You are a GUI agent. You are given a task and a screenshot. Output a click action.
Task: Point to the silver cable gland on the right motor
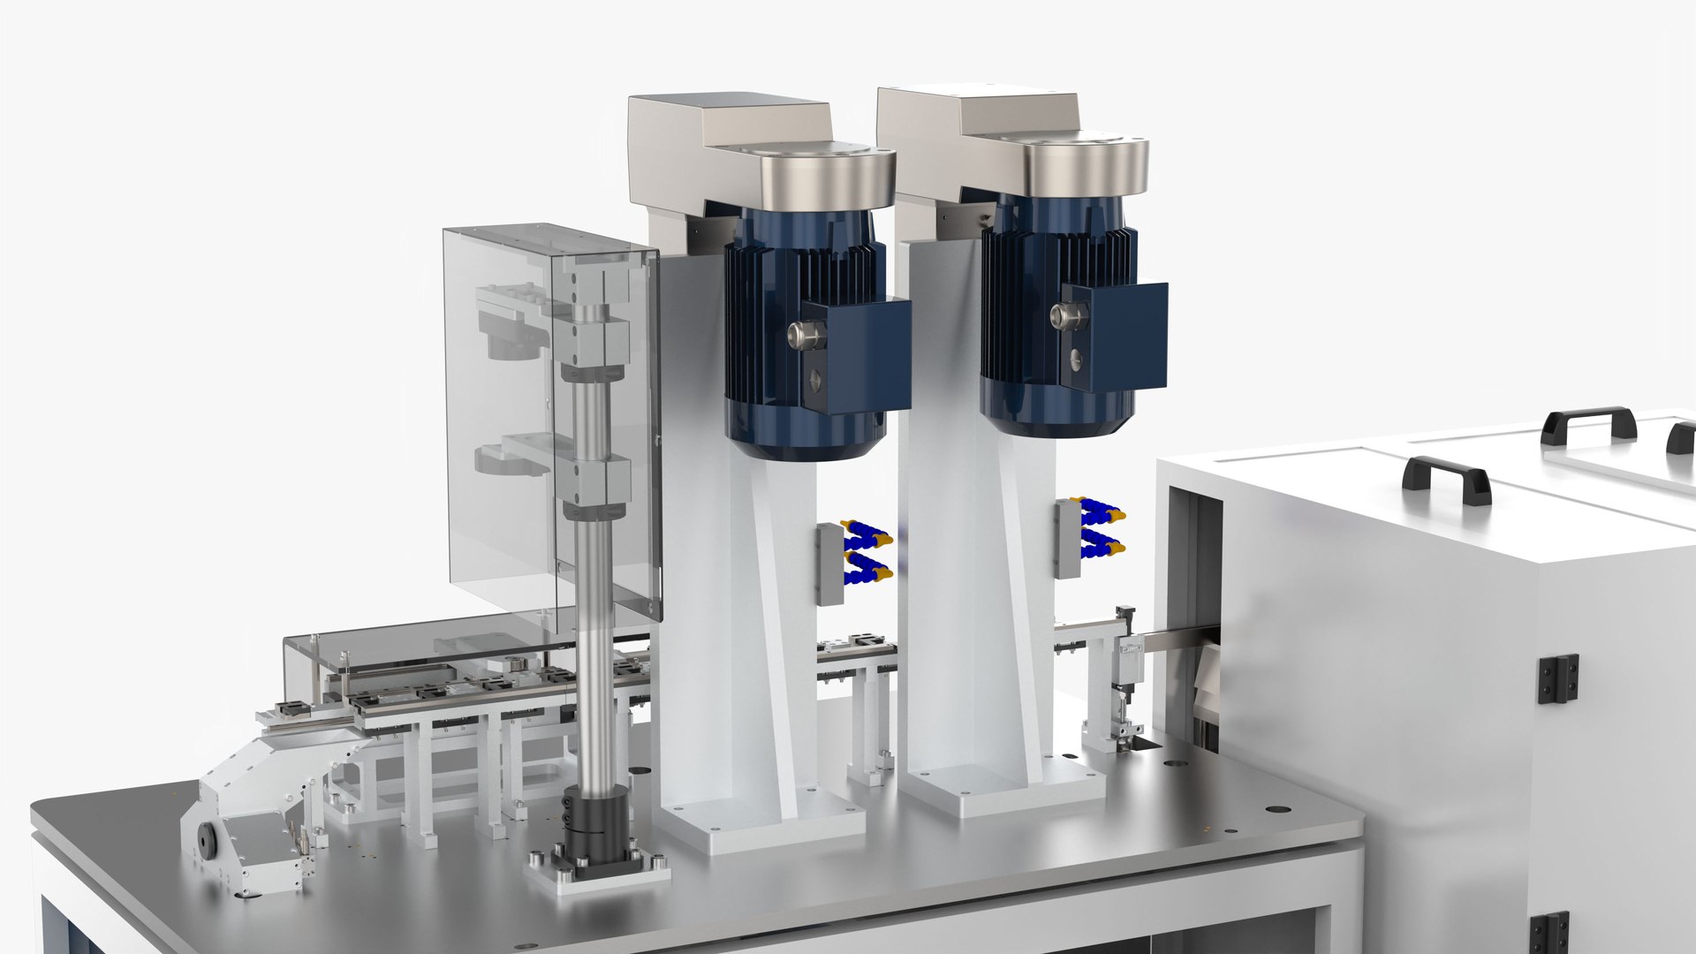click(1062, 315)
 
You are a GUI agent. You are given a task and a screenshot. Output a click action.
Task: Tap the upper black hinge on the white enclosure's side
click(1558, 678)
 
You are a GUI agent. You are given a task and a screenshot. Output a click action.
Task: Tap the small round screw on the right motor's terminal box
click(1075, 360)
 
